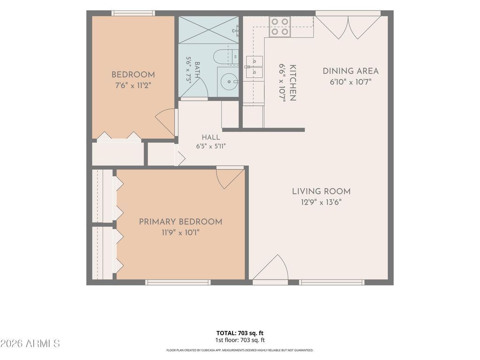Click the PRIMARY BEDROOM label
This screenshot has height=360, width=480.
[x=180, y=222]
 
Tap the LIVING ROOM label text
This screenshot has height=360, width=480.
[x=321, y=191]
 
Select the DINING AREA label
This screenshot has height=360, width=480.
[x=351, y=71]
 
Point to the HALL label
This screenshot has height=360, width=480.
[x=211, y=137]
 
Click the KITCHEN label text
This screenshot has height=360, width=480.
[x=292, y=82]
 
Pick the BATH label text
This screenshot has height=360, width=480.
[x=197, y=70]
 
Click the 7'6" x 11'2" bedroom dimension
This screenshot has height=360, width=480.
[x=133, y=85]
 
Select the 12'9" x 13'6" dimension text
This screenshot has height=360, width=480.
[x=321, y=202]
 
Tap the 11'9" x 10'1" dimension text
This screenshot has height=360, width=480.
[x=180, y=232]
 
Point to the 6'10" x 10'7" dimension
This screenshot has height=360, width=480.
[x=351, y=82]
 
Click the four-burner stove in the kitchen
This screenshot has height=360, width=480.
[x=280, y=27]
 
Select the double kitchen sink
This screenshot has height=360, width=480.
[x=255, y=67]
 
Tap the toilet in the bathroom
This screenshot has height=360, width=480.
[x=226, y=57]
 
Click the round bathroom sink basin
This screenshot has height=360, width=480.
[x=228, y=82]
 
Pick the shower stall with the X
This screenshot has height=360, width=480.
[x=209, y=30]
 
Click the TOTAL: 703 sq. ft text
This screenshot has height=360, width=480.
[x=240, y=333]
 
